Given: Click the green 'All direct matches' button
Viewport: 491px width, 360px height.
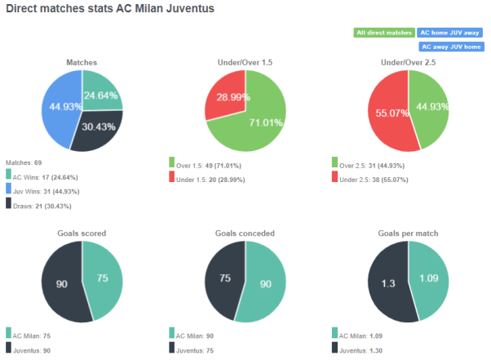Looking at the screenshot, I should click(383, 33).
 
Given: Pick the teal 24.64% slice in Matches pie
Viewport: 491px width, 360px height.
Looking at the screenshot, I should click(100, 91).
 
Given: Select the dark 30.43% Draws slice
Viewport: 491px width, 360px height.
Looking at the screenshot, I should click(96, 129).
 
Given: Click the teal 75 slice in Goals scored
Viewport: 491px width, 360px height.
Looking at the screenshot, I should click(101, 277).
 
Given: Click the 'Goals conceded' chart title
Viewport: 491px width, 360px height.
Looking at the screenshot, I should click(245, 233).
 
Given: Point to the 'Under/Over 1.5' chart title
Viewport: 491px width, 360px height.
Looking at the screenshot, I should click(245, 63).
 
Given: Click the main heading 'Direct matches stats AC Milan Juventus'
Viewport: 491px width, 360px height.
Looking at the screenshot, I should click(109, 10).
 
